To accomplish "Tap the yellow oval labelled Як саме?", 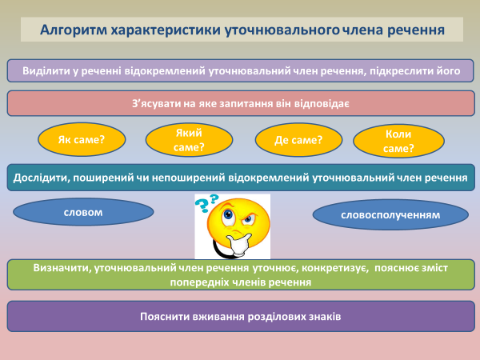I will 82,140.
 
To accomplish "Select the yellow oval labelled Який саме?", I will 189,140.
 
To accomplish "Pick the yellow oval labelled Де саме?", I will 298,140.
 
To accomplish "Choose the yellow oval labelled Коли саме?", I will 398,141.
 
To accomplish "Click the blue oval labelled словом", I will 82,212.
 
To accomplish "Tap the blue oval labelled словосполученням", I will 390,215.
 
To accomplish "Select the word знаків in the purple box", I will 324,316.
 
